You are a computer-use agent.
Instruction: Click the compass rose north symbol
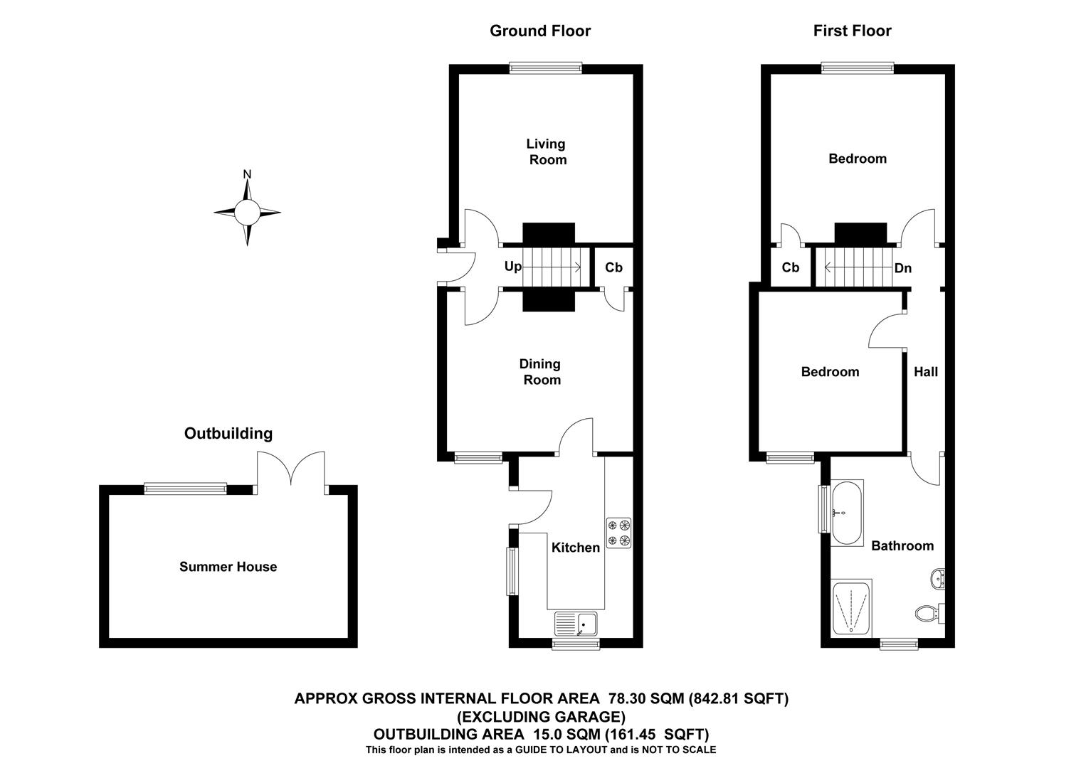point(247,211)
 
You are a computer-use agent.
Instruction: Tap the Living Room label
point(546,151)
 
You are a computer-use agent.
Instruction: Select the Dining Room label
point(540,372)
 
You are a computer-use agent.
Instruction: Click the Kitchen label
point(576,548)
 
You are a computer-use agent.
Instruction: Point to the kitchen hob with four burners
point(618,533)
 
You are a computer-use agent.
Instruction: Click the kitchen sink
point(577,624)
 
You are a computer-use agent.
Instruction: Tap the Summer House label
point(228,567)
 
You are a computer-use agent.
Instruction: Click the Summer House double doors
point(290,470)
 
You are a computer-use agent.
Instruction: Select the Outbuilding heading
point(228,433)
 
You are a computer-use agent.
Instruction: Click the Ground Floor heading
point(539,31)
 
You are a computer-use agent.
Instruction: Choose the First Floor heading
point(852,31)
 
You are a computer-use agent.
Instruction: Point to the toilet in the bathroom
point(928,612)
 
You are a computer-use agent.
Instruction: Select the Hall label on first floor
point(925,372)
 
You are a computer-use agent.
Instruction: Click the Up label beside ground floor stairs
point(512,267)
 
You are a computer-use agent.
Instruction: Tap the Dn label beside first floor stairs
point(902,268)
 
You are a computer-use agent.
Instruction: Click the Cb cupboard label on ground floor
point(613,267)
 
